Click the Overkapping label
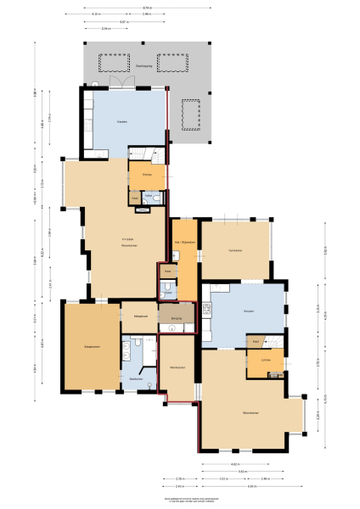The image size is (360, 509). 143,64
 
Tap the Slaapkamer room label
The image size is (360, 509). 89,346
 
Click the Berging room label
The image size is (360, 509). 177,319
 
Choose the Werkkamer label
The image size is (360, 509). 177,367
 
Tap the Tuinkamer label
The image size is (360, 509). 235,249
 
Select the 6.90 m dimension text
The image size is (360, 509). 252,486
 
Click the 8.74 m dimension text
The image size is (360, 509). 148,8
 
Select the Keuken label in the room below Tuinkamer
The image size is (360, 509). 249,311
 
